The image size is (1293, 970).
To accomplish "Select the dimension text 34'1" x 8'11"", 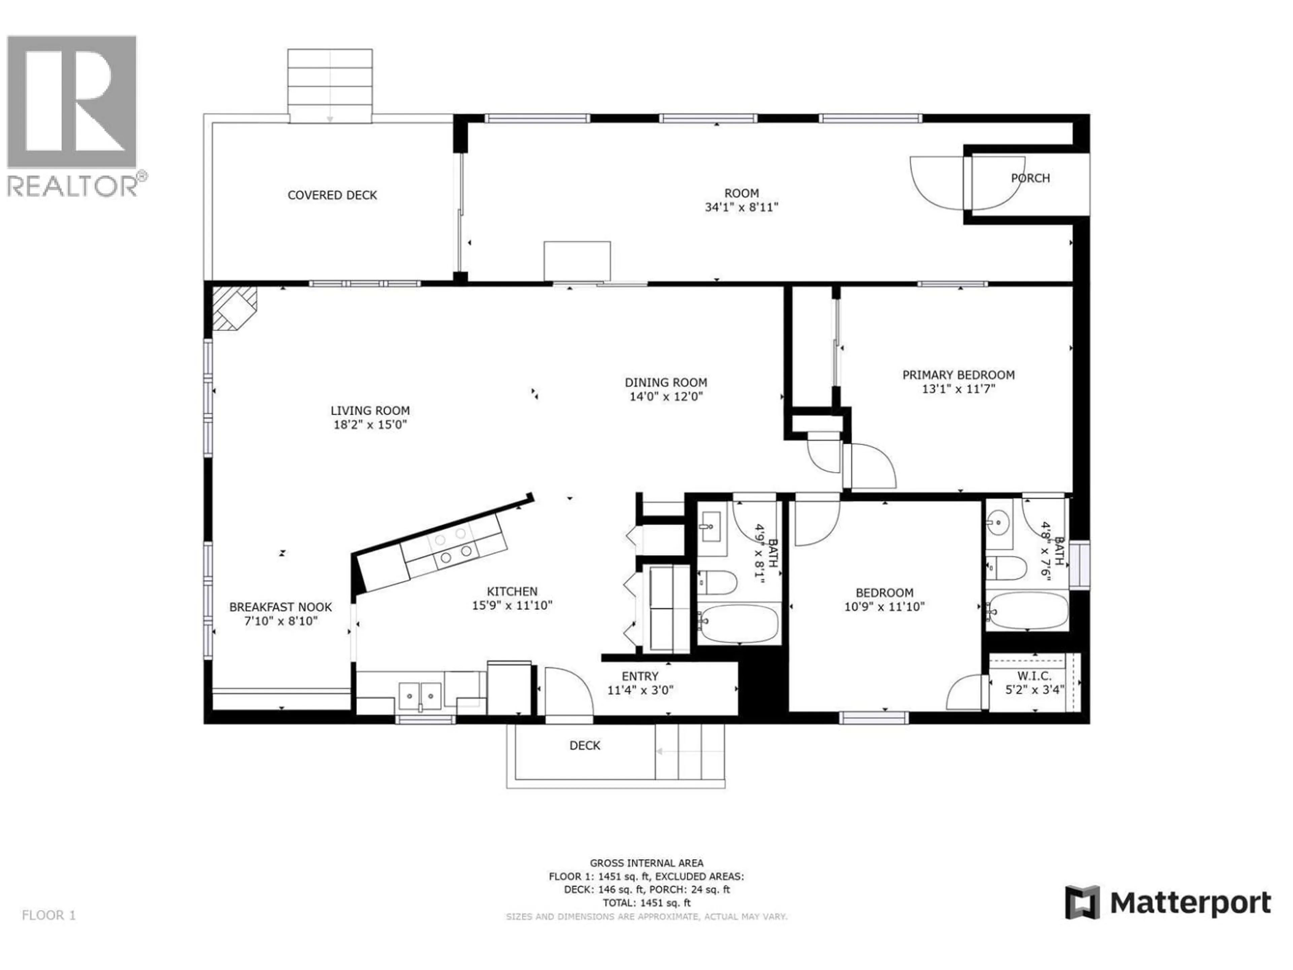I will click(741, 207).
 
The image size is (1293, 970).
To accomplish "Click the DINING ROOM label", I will click(666, 382).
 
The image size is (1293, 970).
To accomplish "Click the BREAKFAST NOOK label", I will click(280, 607).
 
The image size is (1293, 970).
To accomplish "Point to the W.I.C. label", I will click(1034, 676).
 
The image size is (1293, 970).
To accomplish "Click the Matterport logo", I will click(1167, 903).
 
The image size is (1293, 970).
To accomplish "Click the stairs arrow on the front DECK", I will click(678, 752).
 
